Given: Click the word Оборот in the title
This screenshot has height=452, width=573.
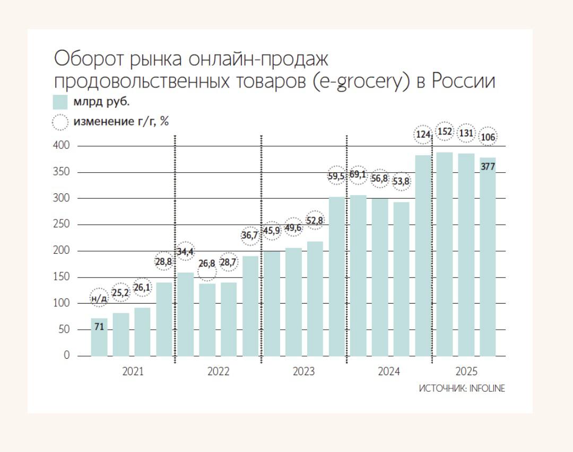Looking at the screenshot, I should [89, 58].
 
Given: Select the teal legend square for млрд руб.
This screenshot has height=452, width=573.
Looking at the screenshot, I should [60, 102].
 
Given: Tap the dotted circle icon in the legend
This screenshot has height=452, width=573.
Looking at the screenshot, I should [60, 122].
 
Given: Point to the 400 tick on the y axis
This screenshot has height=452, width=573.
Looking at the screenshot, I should [62, 146].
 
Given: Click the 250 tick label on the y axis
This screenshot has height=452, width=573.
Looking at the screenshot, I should [62, 225].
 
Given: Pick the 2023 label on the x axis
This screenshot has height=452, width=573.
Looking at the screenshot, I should [303, 371].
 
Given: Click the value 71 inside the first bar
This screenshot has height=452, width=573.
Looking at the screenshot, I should [99, 326].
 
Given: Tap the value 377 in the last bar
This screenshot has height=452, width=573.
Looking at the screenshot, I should [488, 166].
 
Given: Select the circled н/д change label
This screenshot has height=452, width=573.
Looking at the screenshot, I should [99, 298].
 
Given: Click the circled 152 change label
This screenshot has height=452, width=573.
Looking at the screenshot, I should [445, 131].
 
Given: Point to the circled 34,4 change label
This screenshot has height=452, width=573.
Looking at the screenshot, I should [185, 252].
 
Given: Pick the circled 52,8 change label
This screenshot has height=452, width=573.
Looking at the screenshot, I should [315, 220].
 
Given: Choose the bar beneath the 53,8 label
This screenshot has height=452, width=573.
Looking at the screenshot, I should [401, 279].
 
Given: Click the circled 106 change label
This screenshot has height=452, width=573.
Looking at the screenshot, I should [488, 137].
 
